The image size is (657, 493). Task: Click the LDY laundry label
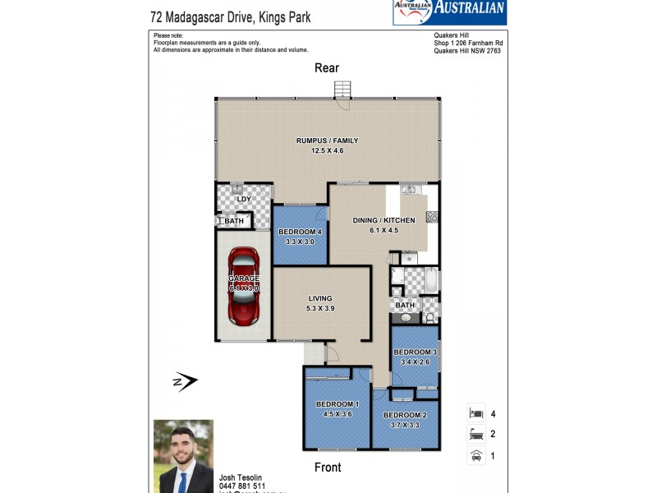(244, 200)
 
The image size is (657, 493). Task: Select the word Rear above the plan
(327, 68)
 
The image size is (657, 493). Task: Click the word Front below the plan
(327, 468)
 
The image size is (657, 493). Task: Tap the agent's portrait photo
(183, 456)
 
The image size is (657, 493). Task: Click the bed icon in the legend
(475, 413)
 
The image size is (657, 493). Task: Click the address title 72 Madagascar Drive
(231, 16)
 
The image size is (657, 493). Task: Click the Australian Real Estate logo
(449, 12)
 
